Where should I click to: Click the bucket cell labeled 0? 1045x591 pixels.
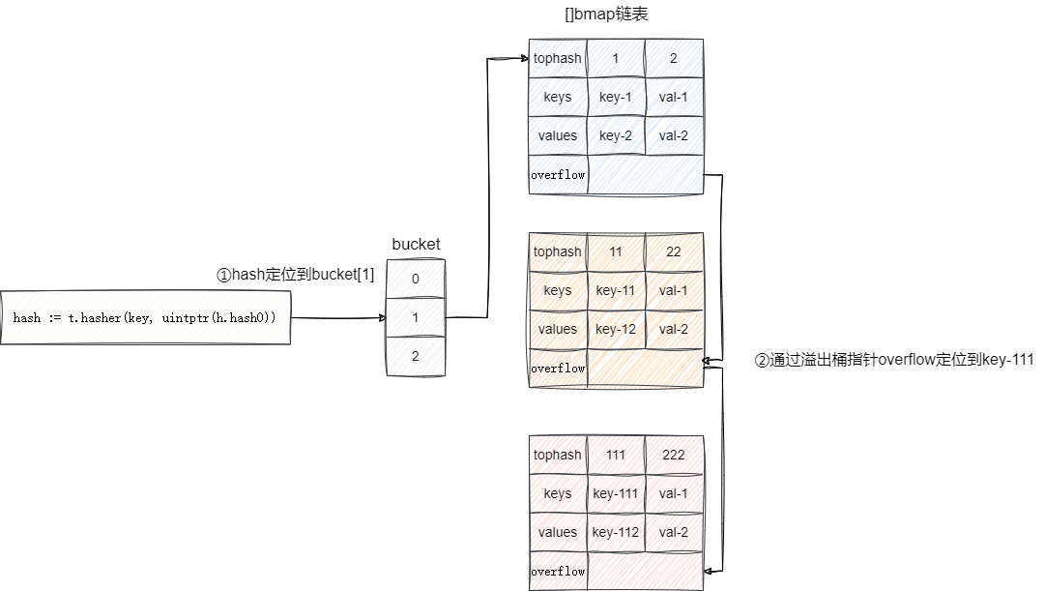pos(416,280)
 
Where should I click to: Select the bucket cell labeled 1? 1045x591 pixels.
pos(416,317)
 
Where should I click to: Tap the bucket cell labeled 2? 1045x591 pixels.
pos(416,356)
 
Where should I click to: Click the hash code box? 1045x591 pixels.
pos(145,317)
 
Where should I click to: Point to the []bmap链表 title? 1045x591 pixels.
pos(613,15)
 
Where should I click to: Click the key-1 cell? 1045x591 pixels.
pos(616,97)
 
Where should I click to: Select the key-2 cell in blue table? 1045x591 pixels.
pos(616,135)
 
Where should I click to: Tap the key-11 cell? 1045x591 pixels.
pos(616,290)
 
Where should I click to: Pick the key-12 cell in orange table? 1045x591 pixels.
pos(616,329)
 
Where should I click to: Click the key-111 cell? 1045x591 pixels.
pos(616,493)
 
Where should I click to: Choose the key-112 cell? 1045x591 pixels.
pos(616,532)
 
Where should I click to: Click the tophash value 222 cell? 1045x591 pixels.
pos(674,455)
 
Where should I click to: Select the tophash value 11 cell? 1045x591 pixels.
pos(616,251)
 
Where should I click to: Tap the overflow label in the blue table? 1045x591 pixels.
pos(558,175)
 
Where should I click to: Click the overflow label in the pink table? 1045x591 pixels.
pos(558,572)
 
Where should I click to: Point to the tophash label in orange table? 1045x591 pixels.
pos(558,251)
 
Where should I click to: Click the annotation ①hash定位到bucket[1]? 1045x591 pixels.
pos(295,275)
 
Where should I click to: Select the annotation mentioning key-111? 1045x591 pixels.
pos(894,360)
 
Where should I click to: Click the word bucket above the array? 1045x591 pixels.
pos(416,245)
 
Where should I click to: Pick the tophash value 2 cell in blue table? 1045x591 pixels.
pos(674,58)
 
